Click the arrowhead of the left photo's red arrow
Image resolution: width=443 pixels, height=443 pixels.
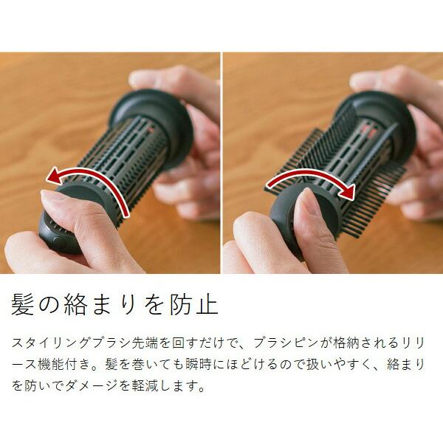(54, 175)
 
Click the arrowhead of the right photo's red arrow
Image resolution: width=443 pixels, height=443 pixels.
(347, 191)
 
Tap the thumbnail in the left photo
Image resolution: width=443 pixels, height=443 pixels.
(52, 196)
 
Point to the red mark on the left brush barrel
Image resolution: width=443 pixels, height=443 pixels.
(150, 130)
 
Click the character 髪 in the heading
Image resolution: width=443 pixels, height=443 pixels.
(23, 304)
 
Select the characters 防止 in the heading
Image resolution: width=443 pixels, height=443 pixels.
(194, 304)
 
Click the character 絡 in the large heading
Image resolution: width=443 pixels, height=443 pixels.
(75, 304)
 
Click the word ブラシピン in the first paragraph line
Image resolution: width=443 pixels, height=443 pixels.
(286, 343)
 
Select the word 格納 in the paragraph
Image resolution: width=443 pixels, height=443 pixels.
(346, 343)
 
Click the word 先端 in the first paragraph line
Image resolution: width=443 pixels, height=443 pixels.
(145, 343)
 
